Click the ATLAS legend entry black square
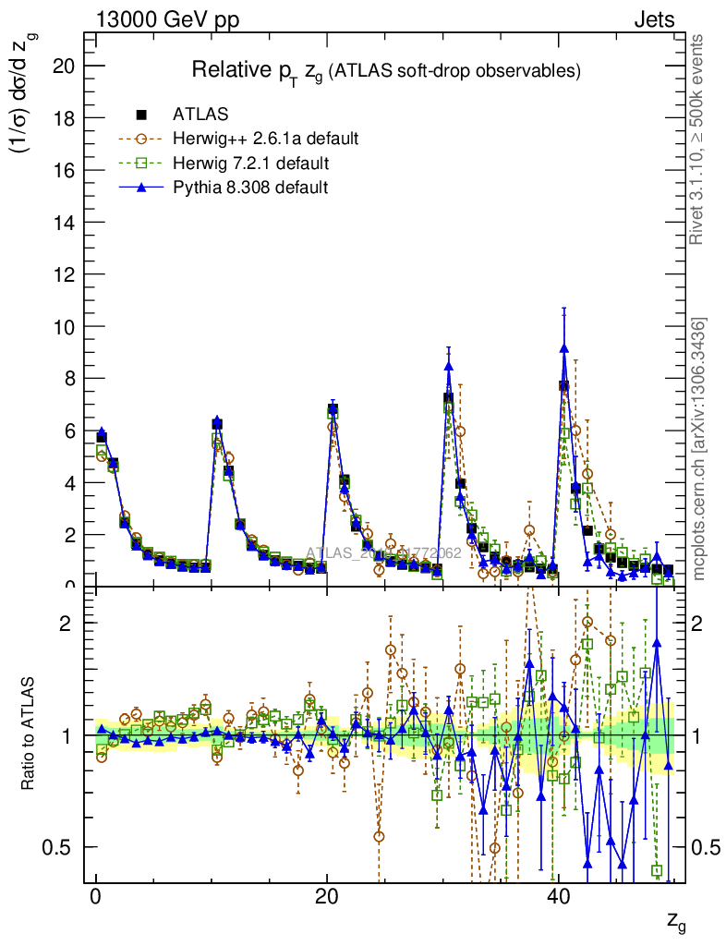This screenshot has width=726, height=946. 141,115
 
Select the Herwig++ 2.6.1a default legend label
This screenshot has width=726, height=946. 265,139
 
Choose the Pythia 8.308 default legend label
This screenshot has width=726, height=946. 250,188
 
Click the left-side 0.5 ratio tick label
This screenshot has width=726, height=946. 59,847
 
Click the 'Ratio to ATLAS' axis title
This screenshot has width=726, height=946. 29,735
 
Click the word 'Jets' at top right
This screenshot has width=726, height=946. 653,19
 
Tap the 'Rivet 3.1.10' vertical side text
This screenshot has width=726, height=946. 697,139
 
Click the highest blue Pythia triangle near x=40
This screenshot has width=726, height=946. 563,347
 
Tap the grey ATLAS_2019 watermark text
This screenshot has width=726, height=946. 383,554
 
